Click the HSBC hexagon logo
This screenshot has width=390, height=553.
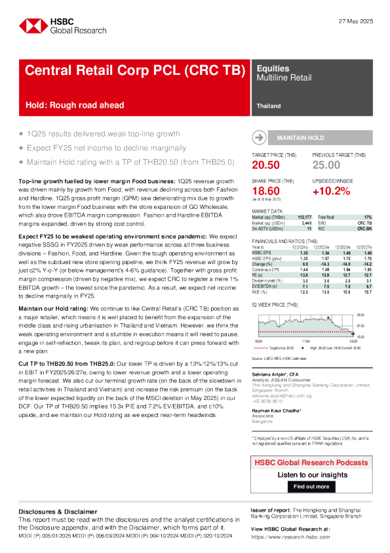tap(31, 26)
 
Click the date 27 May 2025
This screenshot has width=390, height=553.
tap(355, 22)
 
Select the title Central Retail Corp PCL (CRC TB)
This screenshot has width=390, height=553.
tap(134, 71)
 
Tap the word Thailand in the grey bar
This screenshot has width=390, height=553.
tap(269, 106)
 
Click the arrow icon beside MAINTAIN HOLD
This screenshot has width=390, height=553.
tap(259, 138)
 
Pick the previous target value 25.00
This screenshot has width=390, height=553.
tap(327, 165)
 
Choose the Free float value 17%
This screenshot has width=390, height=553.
tap(368, 217)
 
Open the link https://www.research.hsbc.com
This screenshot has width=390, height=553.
tap(288, 537)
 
